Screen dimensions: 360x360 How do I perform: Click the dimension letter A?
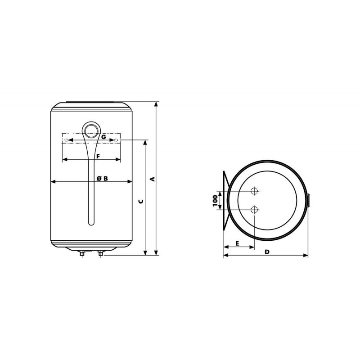tap(153, 179)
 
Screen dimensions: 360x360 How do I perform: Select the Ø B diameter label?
tap(102, 178)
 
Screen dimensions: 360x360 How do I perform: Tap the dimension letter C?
tap(141, 201)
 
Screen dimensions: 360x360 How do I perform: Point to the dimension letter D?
tap(267, 252)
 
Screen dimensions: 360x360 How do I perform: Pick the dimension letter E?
tap(238, 243)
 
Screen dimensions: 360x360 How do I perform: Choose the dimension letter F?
tap(98, 156)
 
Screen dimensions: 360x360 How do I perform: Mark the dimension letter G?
tap(103, 137)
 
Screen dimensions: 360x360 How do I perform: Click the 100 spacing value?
tap(215, 200)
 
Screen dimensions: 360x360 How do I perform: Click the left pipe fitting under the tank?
tap(82, 253)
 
